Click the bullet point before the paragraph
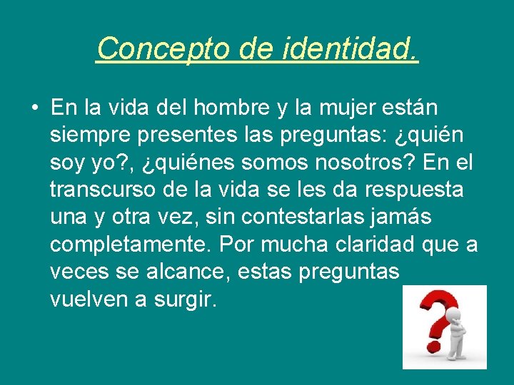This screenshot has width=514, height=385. click(x=35, y=108)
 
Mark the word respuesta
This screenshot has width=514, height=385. click(x=422, y=191)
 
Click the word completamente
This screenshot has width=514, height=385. click(x=131, y=245)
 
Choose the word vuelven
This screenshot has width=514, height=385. click(x=89, y=299)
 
